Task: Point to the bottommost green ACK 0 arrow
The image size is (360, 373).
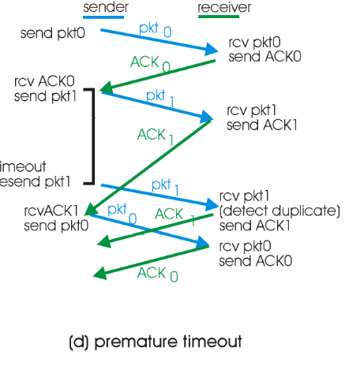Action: click(150, 263)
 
